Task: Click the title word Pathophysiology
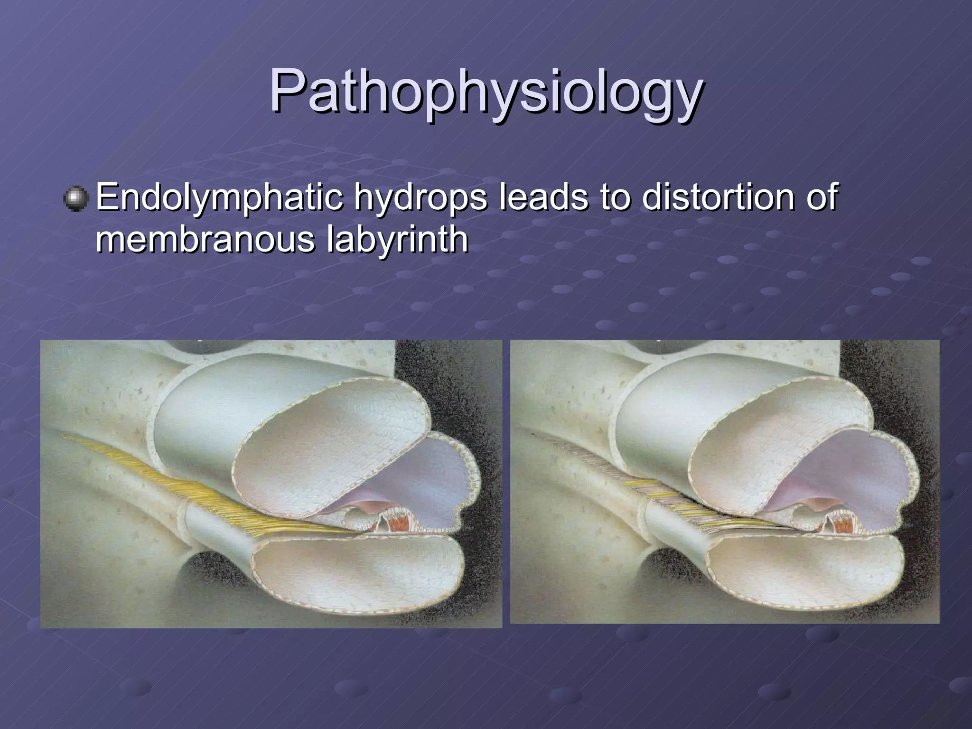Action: tap(486, 91)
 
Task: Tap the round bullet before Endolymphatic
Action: tap(76, 199)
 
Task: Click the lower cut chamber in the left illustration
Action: tap(356, 574)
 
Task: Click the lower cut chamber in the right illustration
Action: tap(802, 572)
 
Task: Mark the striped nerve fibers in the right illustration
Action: tap(674, 503)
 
